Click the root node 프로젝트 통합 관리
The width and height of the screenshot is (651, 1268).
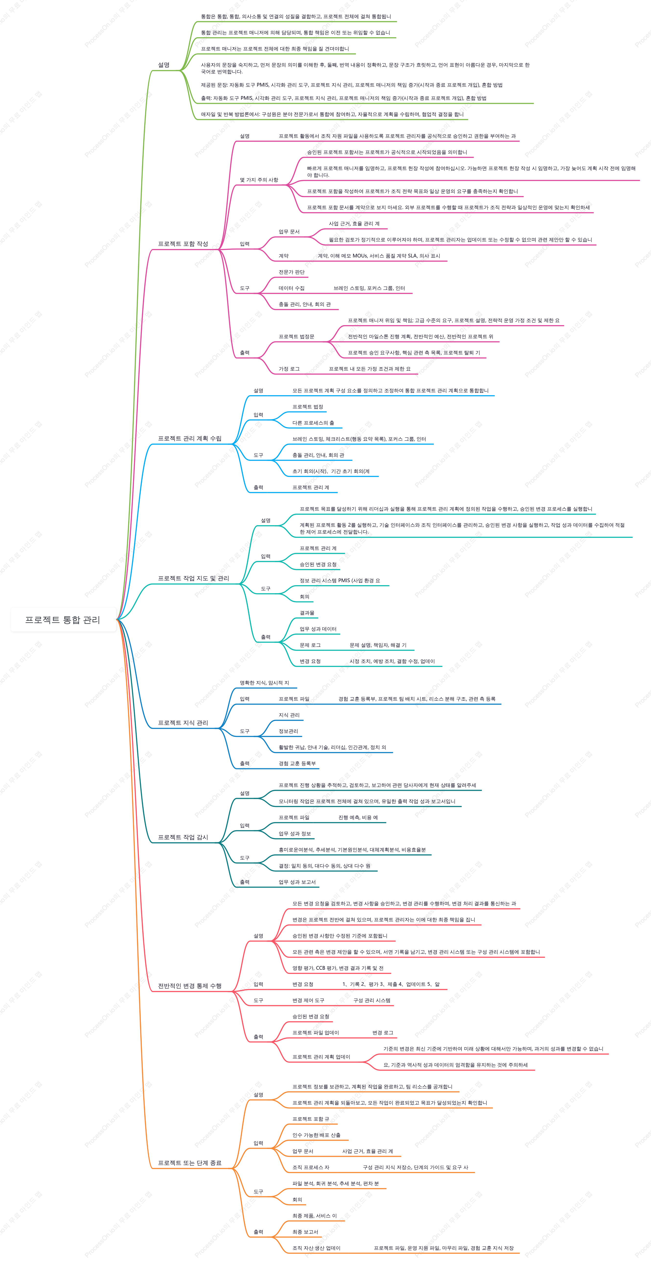pos(63,620)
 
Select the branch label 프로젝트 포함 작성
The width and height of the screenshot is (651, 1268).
pos(183,244)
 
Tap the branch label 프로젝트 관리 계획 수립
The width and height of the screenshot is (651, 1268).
pos(190,438)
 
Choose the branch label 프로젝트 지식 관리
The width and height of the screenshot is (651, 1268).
pos(183,723)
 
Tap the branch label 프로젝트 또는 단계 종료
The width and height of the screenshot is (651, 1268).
pos(190,1163)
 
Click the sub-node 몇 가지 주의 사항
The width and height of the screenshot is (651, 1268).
pos(259,180)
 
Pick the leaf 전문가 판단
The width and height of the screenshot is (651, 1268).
pos(292,272)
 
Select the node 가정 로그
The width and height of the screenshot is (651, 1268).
pos(289,369)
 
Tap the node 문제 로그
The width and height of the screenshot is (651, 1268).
pos(310,645)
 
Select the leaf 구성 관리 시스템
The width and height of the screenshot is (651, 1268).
pos(372,1000)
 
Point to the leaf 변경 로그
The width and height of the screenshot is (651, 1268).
pos(383,1032)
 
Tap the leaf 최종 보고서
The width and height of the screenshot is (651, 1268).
pos(305,1232)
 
